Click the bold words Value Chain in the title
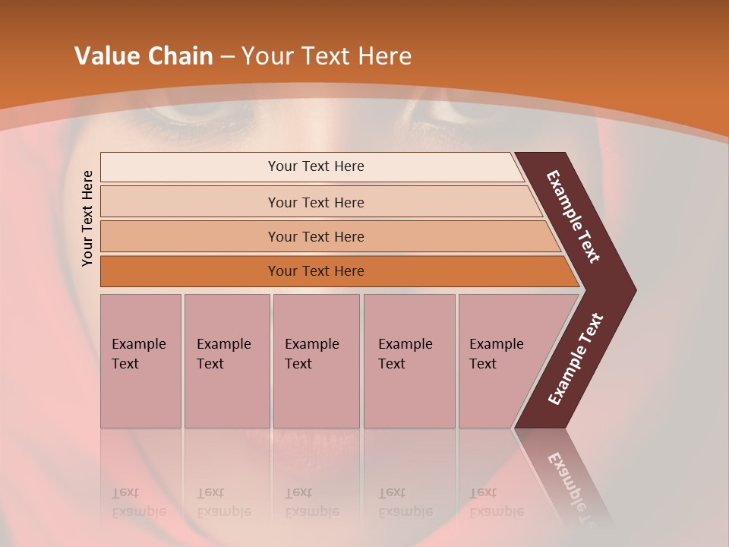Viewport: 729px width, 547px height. [x=144, y=56]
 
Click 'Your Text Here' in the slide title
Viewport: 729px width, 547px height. [x=327, y=56]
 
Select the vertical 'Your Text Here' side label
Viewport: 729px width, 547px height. [x=87, y=218]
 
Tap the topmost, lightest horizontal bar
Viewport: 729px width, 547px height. [x=315, y=166]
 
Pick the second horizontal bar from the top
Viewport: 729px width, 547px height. [x=315, y=202]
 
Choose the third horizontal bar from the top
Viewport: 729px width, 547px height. [x=315, y=236]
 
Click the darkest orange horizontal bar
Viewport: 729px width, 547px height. [x=315, y=271]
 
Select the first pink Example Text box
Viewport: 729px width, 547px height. [x=140, y=360]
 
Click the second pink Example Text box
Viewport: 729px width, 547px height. [x=226, y=360]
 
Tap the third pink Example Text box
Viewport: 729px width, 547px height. [x=316, y=360]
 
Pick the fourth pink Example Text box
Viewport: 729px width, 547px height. [x=409, y=360]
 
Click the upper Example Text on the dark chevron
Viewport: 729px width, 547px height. [x=573, y=217]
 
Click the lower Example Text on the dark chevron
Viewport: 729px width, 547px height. [x=575, y=359]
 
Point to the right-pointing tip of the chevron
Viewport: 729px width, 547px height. [x=630, y=290]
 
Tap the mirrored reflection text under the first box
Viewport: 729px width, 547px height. [x=139, y=502]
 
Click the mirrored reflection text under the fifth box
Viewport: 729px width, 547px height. [x=496, y=502]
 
